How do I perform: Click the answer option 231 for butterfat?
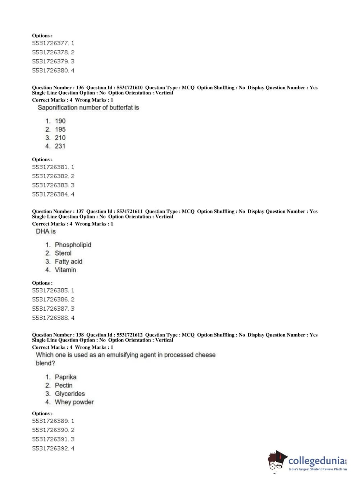(x=60, y=146)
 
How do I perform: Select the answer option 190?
(x=60, y=121)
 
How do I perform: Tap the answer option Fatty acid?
(x=68, y=262)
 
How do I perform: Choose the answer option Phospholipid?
(x=73, y=245)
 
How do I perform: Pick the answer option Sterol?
(x=63, y=253)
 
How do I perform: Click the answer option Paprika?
(x=65, y=377)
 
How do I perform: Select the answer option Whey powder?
(x=74, y=402)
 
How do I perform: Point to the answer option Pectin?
(x=64, y=385)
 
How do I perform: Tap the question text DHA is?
(x=46, y=231)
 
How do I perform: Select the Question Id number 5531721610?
(x=129, y=87)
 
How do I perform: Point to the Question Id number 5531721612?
(x=129, y=335)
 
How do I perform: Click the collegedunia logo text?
(x=316, y=461)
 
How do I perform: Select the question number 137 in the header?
(x=80, y=211)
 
